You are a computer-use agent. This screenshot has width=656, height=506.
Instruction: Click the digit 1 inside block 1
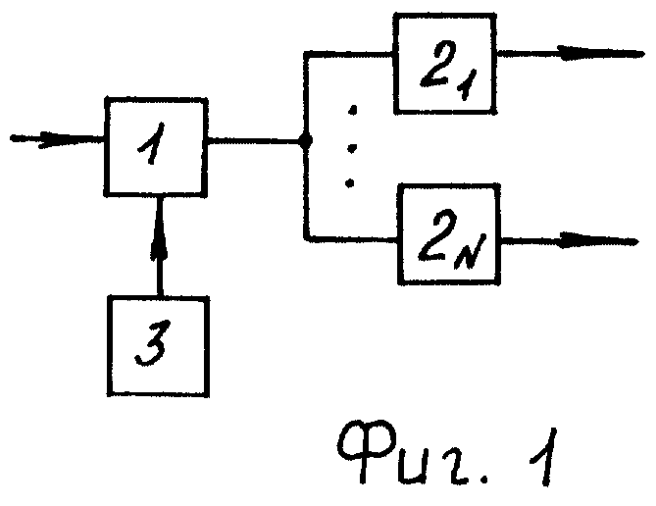(152, 143)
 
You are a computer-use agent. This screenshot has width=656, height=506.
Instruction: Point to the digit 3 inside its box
(153, 343)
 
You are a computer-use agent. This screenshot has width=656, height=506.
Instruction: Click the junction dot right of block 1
(306, 140)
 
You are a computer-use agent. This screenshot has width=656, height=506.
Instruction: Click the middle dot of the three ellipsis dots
(352, 148)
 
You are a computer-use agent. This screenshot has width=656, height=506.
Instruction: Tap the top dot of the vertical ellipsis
(353, 110)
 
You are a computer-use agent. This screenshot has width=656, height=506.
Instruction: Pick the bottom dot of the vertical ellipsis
(350, 183)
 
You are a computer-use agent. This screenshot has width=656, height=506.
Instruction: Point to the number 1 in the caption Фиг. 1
(544, 457)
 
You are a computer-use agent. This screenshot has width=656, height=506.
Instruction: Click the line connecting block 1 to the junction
(254, 140)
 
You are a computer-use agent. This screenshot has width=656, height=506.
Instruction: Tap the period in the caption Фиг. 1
(484, 479)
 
